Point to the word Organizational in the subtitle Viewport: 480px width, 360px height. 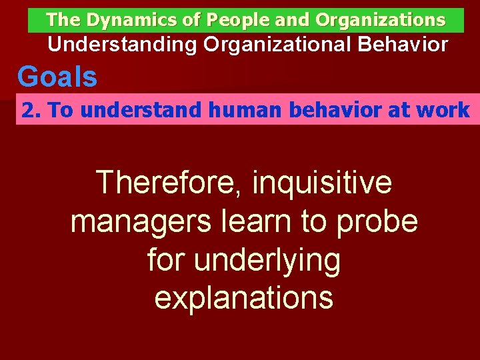pos(273,45)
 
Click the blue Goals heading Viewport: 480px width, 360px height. pos(57,77)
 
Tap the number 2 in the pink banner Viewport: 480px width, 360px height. pos(27,110)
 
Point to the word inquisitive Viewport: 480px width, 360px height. pos(323,183)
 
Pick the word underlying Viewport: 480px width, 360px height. pos(267,261)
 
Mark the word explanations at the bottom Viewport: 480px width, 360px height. pos(243,298)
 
